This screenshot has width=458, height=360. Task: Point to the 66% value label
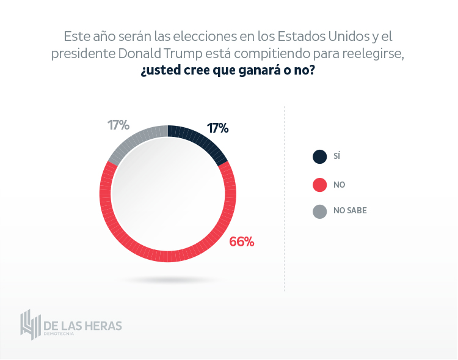point(241,241)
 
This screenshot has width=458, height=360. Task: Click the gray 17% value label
point(118,125)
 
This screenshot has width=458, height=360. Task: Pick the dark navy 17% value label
point(217,128)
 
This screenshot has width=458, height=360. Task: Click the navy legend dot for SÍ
point(319,157)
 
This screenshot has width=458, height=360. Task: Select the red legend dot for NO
point(319,184)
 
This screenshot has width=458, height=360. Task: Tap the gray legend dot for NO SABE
point(319,211)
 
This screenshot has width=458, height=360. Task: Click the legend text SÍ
point(336,157)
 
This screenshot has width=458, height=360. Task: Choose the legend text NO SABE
point(350,211)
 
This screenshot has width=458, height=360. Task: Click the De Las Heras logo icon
point(30,325)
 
